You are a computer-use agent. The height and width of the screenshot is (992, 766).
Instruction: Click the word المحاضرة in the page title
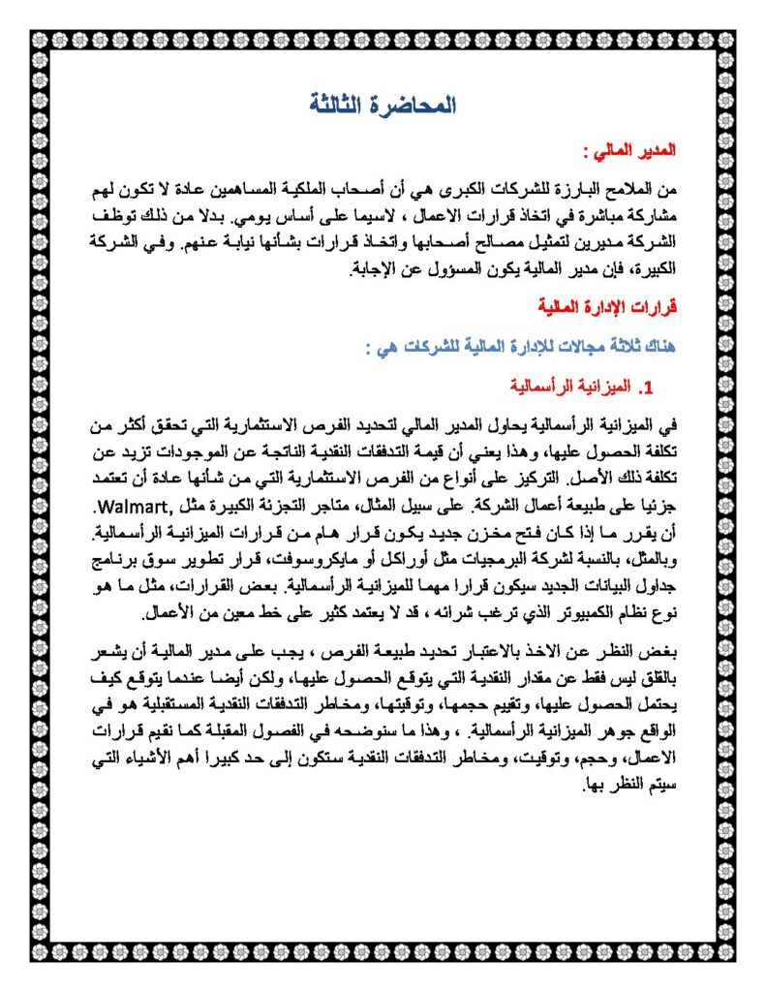(414, 106)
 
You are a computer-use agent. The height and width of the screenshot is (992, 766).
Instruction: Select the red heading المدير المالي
(634, 151)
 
